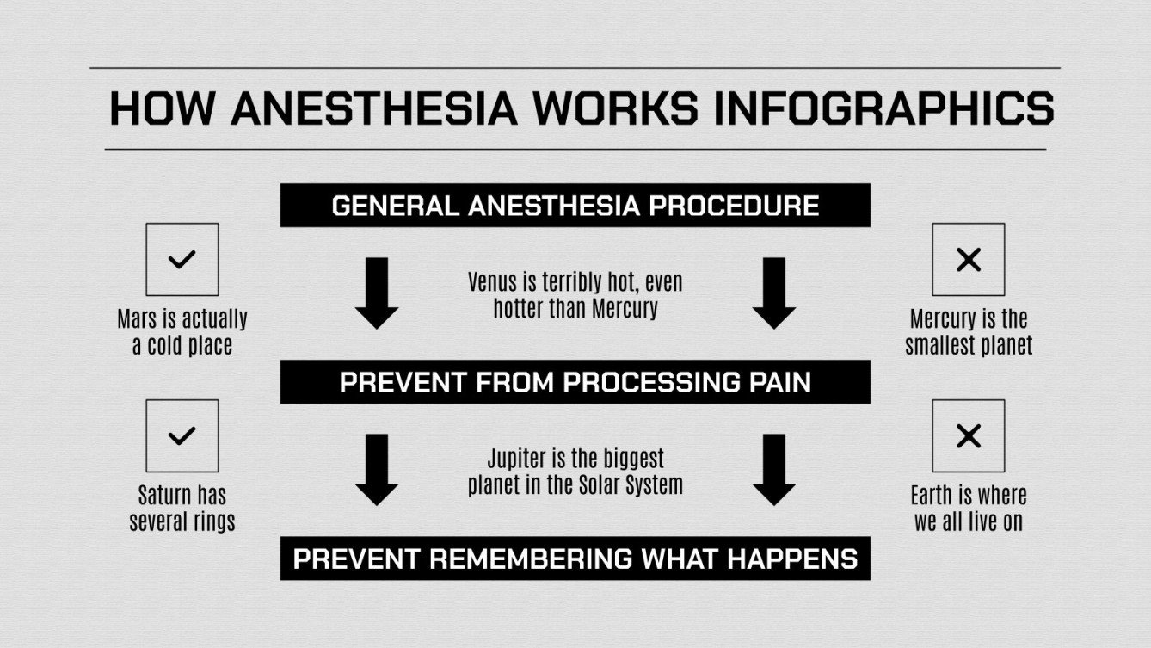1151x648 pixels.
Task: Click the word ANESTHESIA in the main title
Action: tap(374, 109)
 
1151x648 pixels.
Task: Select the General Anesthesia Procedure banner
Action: tap(575, 206)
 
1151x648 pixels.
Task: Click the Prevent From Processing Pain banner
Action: tap(575, 382)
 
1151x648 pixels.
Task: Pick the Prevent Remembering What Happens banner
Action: tap(575, 559)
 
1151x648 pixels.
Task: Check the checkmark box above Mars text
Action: tap(182, 259)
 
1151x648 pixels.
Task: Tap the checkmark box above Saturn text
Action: tap(182, 435)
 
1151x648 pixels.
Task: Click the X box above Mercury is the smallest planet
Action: tap(969, 259)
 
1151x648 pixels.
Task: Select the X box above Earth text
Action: tap(969, 435)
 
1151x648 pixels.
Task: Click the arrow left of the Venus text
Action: tap(377, 293)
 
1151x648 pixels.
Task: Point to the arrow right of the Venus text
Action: tap(773, 293)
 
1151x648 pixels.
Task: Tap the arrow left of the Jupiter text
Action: tap(377, 469)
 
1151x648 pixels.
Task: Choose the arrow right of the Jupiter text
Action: tap(773, 469)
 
